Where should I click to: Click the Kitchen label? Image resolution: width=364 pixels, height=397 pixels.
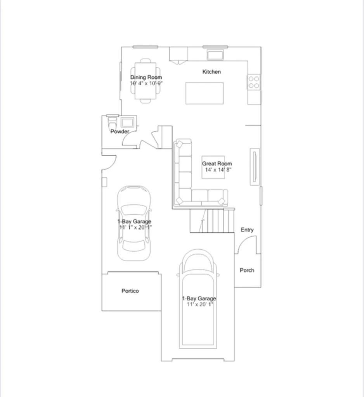211,72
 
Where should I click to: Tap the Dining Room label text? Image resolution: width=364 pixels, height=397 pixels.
146,77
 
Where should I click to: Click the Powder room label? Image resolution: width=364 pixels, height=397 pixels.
120,131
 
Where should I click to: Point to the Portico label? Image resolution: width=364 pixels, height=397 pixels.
130,291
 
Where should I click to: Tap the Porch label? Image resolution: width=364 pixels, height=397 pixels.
247,270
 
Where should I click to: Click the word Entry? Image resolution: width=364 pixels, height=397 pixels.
247,230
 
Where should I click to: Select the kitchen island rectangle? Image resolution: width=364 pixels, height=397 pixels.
204,93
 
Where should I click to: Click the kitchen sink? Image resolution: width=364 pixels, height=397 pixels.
215,54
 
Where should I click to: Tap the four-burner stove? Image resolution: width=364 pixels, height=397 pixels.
254,82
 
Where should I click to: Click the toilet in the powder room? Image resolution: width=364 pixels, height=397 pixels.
112,121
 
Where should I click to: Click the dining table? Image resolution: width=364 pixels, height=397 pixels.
146,81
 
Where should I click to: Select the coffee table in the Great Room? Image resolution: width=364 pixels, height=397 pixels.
213,167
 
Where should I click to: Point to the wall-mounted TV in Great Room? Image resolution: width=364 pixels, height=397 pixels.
255,167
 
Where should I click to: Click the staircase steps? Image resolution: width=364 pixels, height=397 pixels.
212,220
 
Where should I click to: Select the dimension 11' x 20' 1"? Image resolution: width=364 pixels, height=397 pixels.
200,304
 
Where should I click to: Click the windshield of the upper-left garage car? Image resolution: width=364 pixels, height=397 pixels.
134,209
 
